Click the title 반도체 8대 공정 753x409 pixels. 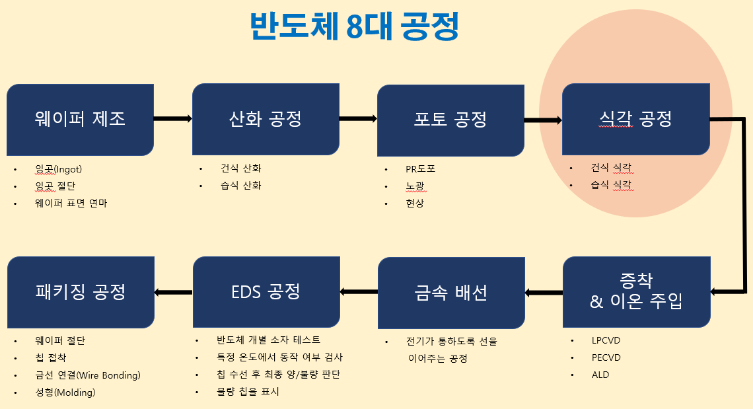354,27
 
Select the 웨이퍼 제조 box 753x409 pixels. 81,119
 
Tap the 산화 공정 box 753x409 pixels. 266,119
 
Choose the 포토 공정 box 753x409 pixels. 450,119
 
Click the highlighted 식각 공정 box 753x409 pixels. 635,119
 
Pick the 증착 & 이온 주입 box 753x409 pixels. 636,291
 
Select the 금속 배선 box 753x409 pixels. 451,291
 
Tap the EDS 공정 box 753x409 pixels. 266,291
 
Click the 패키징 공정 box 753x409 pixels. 81,291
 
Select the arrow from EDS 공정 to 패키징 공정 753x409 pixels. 174,291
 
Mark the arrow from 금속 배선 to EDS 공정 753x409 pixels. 359,291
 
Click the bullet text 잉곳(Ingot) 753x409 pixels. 59,169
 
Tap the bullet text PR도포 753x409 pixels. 420,169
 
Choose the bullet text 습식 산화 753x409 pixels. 240,186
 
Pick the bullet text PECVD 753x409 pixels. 606,358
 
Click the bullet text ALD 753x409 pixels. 600,375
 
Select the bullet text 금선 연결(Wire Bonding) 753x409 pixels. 88,376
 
